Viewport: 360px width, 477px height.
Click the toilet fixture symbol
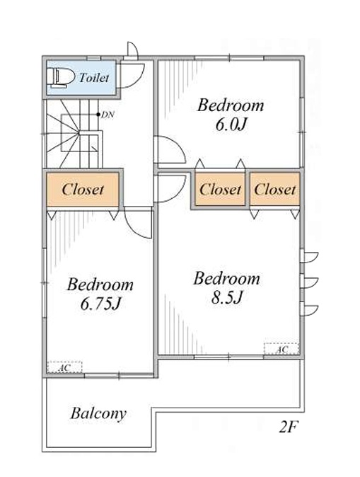click(60, 78)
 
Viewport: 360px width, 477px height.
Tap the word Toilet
click(94, 78)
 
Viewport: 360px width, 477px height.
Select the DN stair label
click(108, 115)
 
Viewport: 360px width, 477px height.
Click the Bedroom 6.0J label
click(231, 115)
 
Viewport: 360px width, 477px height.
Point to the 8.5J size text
click(226, 297)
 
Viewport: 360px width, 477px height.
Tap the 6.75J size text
click(100, 304)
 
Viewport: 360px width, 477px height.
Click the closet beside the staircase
click(83, 189)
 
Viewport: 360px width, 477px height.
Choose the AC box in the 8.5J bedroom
click(281, 349)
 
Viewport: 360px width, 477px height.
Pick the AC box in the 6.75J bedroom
click(64, 367)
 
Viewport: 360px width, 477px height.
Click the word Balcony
click(98, 414)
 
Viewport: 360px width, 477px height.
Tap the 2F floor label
click(288, 427)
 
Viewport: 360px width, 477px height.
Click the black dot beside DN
click(98, 115)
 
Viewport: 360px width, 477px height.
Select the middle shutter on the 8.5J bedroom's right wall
click(309, 282)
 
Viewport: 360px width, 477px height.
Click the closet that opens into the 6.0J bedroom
click(220, 189)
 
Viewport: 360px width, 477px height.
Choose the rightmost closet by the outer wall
click(275, 189)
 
